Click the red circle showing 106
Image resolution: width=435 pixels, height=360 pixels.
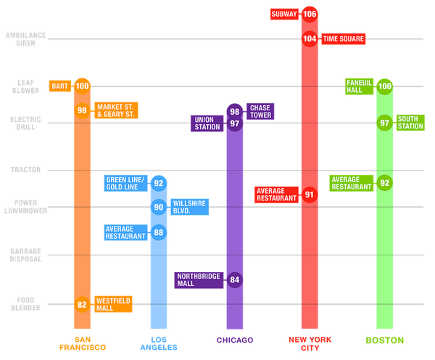[310, 14]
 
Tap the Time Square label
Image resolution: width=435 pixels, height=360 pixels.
[343, 38]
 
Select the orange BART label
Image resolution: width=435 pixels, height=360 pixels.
[59, 86]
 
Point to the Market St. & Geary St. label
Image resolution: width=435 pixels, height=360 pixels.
[115, 110]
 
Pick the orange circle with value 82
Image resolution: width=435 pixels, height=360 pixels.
[82, 304]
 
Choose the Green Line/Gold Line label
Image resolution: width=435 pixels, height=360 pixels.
[126, 184]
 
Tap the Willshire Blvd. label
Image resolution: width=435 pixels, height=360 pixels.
[188, 207]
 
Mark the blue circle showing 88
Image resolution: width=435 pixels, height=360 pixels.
[159, 232]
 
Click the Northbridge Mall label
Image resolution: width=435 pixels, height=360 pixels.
[199, 279]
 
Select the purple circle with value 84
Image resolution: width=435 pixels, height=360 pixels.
[234, 279]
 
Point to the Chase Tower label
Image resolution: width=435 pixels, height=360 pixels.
[260, 111]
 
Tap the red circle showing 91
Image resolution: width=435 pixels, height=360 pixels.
[310, 195]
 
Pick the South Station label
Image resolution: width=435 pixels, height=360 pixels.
[410, 123]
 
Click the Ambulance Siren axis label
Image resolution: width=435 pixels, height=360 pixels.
[26, 38]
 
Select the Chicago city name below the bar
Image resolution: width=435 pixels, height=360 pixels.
[234, 340]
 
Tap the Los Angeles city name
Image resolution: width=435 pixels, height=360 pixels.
[159, 343]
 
